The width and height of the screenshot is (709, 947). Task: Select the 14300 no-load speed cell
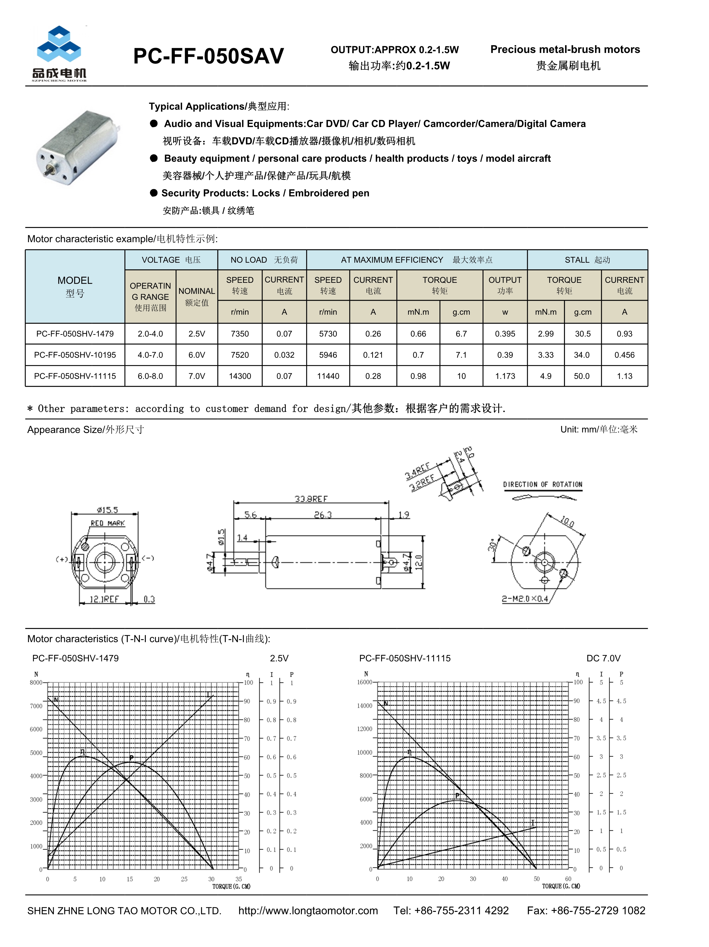240,376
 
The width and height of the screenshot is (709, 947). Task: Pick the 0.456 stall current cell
624,355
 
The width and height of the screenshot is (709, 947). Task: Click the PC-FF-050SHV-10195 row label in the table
75,355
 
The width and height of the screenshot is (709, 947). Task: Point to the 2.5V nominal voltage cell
197,334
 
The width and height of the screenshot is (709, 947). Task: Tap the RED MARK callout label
107,523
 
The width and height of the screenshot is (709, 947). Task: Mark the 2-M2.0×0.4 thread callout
525,599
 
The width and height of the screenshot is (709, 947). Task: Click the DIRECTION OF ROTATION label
542,485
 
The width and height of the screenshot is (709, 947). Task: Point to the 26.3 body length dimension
323,515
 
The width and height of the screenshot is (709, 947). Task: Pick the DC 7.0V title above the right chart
603,658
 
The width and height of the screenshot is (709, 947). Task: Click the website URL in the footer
308,911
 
